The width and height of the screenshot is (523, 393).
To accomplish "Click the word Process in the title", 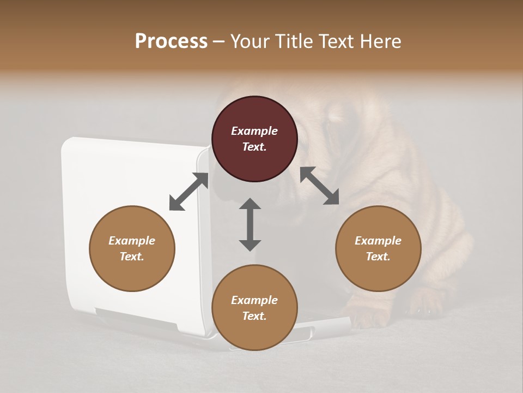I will pos(171,41).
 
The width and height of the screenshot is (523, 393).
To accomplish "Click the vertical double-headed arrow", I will pos(250,224).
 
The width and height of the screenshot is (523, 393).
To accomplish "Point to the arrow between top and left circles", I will pos(188,192).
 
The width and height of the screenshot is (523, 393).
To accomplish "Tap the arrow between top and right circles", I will pos(320,186).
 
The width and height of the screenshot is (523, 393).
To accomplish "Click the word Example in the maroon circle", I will pos(254,131).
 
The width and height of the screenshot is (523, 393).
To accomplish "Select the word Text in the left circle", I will pos(131,257).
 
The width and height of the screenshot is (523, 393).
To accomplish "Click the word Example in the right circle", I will pos(378,241).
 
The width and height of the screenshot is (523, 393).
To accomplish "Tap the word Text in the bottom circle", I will pos(253,316).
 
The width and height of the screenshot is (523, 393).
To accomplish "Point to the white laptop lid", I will pos(131,180).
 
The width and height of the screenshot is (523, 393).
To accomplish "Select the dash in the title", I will pos(218,41).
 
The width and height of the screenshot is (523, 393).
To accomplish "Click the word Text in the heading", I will pos(335,41).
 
